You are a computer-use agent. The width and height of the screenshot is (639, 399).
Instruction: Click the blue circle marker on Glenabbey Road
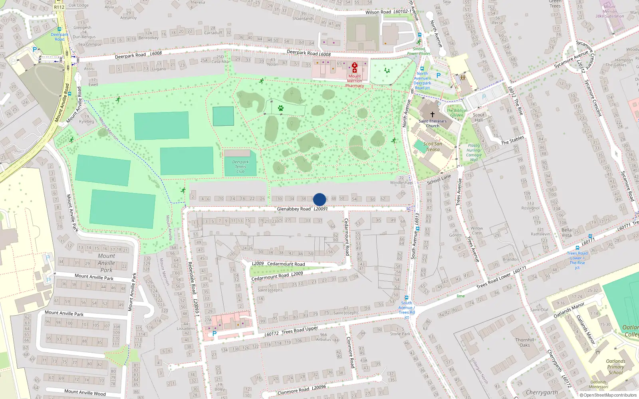click(x=319, y=199)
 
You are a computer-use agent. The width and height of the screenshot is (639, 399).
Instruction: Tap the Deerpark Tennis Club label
click(x=240, y=167)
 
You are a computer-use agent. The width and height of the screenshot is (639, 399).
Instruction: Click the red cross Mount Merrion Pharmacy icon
click(x=354, y=67)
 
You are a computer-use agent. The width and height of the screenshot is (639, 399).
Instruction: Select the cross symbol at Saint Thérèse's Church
click(x=432, y=115)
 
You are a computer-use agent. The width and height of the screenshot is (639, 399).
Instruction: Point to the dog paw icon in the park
click(x=281, y=108)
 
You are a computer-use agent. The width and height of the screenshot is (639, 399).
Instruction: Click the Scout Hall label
click(x=478, y=117)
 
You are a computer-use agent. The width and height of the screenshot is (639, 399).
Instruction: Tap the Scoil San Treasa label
click(x=433, y=146)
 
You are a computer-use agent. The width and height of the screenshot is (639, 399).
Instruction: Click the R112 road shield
click(x=59, y=7)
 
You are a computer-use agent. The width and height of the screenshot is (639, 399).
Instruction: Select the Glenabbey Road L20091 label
click(x=302, y=209)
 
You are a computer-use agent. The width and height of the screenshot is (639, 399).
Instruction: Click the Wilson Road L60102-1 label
click(x=388, y=12)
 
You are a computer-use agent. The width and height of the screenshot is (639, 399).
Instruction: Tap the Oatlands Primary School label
click(x=615, y=367)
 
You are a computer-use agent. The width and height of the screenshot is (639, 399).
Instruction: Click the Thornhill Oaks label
click(x=524, y=342)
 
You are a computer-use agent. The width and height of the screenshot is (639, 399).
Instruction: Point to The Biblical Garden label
click(x=456, y=113)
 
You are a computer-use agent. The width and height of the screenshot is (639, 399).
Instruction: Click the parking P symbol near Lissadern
click(x=214, y=334)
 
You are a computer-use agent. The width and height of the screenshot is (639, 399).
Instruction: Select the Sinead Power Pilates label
click(x=419, y=51)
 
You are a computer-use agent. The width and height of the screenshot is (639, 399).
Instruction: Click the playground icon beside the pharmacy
click(x=387, y=71)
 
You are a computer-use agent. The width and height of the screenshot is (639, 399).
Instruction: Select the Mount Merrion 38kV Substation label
click(x=609, y=12)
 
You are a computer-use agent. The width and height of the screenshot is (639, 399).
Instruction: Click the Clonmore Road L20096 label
click(x=302, y=390)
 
